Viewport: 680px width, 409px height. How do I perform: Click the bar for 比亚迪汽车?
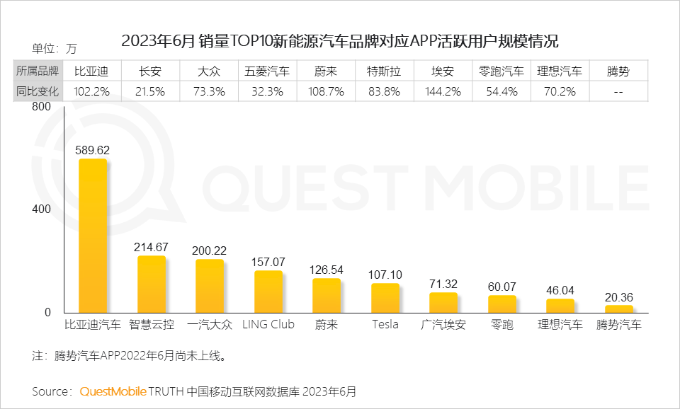click(x=93, y=236)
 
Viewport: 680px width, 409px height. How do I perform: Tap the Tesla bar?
click(x=385, y=298)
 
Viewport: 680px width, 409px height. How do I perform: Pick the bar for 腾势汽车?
click(x=619, y=309)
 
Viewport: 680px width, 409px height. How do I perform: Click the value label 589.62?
click(x=93, y=150)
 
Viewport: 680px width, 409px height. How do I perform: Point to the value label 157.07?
click(x=268, y=262)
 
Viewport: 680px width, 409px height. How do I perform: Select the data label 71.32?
click(x=443, y=284)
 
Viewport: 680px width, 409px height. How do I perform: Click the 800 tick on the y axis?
click(x=41, y=107)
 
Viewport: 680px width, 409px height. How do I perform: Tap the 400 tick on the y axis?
click(x=41, y=209)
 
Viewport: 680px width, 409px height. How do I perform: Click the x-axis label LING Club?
click(x=268, y=325)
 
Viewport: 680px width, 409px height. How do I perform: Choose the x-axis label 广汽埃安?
click(x=443, y=325)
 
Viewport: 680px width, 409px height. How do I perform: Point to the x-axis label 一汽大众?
click(x=210, y=325)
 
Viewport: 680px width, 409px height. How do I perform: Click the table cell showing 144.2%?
click(x=443, y=91)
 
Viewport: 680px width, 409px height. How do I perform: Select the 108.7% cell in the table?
click(x=327, y=91)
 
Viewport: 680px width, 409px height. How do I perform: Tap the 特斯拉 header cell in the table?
click(x=385, y=71)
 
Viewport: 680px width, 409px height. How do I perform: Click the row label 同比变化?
click(x=38, y=91)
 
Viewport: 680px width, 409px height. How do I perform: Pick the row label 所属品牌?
click(x=38, y=71)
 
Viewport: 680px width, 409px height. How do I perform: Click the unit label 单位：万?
click(x=54, y=49)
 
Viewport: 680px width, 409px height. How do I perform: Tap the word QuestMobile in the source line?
click(x=113, y=391)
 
